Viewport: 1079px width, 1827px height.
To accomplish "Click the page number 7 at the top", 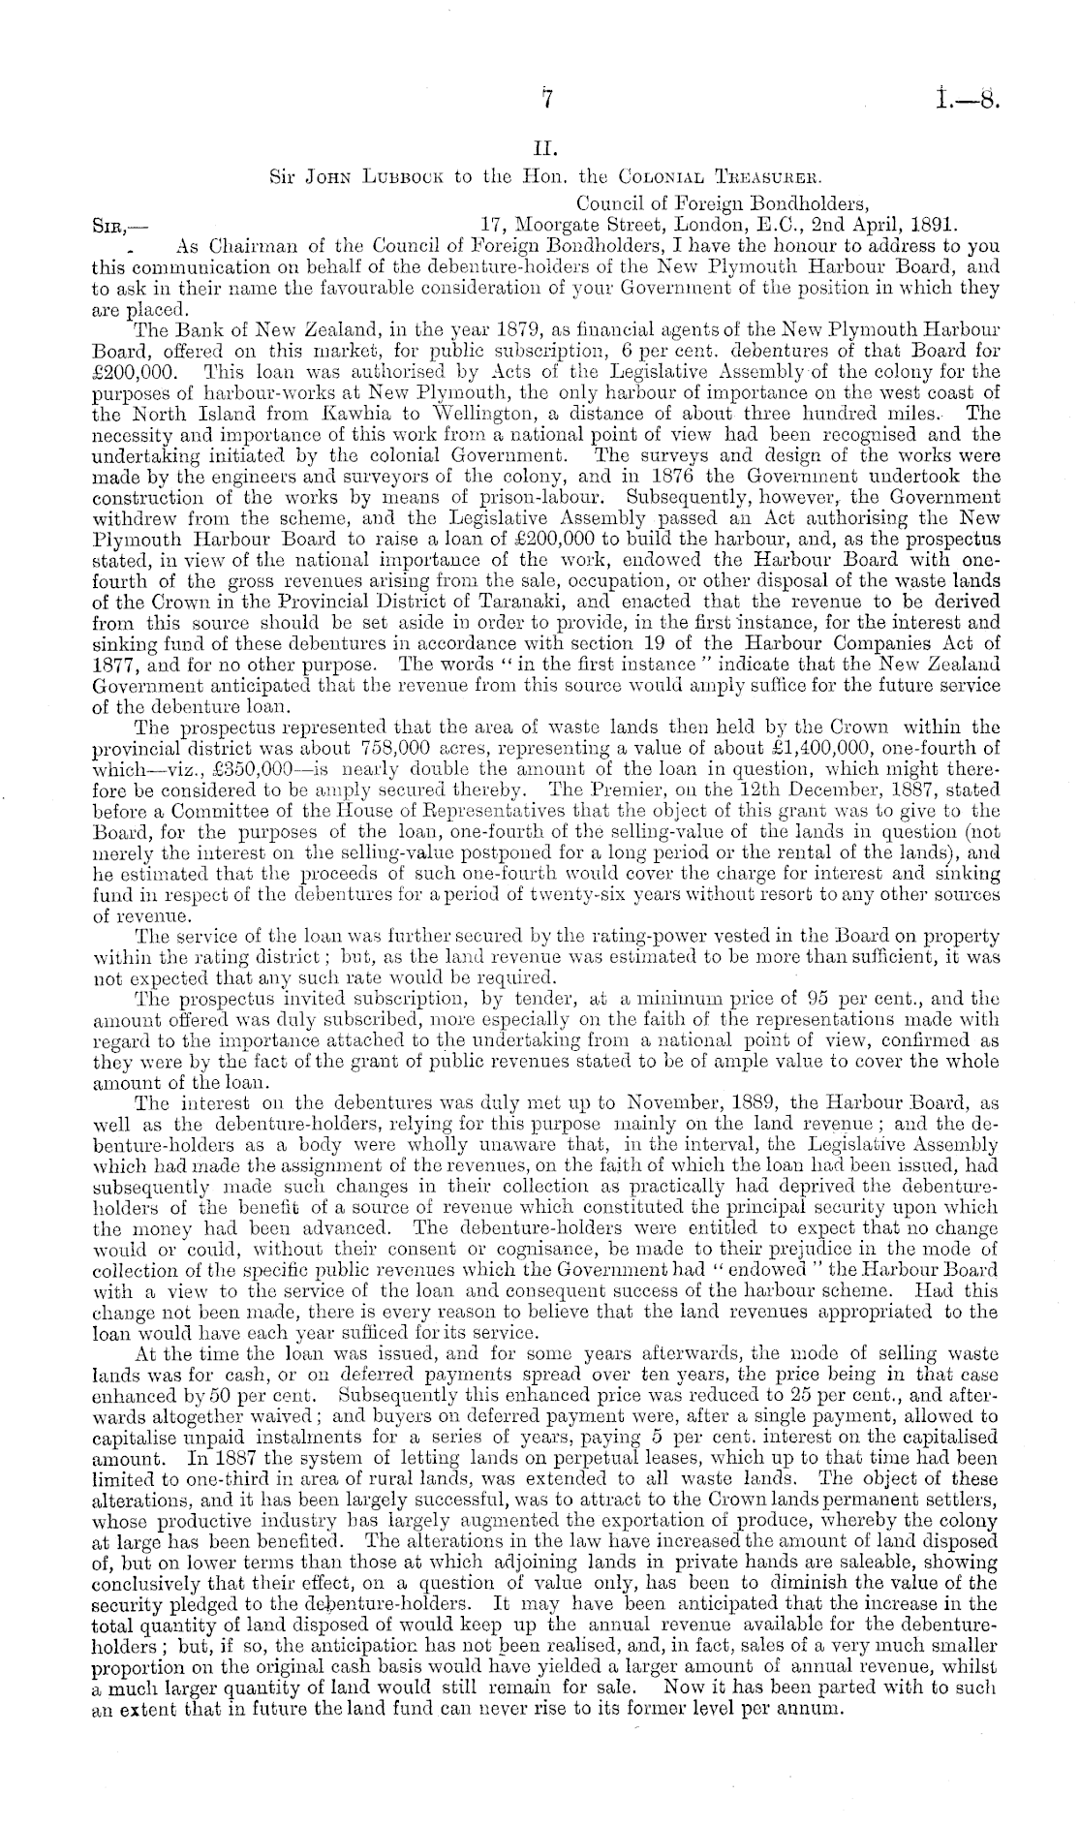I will tap(546, 100).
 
